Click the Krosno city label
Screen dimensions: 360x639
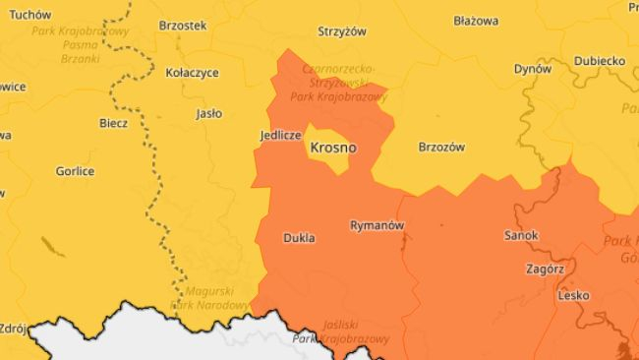point(332,148)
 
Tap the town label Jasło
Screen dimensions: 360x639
point(208,113)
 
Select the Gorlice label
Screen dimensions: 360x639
point(75,170)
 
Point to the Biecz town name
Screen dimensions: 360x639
point(113,123)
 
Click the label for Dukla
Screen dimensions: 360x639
point(298,238)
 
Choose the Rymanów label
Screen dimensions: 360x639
point(377,225)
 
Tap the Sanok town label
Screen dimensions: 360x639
point(521,236)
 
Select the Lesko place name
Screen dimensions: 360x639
point(572,295)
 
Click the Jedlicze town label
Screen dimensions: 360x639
point(280,135)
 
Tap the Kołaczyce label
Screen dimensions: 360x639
point(192,72)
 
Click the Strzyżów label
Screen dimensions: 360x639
point(342,30)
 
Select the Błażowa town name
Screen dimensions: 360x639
point(476,20)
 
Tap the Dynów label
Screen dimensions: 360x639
point(533,69)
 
